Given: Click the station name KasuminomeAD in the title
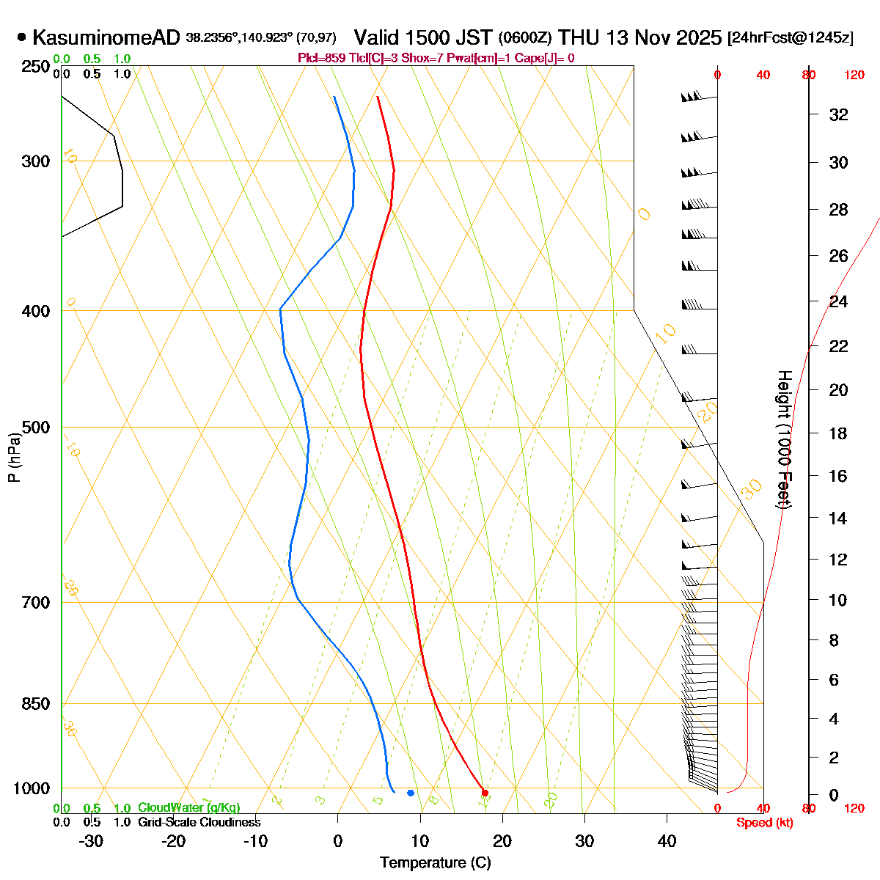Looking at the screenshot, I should click(106, 37).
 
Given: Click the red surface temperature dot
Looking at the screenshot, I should click(485, 793).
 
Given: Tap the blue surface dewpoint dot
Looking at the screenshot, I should click(411, 793).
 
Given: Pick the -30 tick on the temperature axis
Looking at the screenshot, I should click(91, 841).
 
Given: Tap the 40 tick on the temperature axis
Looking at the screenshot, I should click(667, 841).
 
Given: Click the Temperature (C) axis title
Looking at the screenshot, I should click(436, 863).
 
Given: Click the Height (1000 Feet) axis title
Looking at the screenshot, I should click(784, 440).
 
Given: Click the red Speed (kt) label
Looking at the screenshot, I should click(764, 823).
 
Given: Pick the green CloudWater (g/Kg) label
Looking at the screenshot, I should click(188, 807).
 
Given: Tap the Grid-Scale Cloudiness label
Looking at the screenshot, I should click(199, 822).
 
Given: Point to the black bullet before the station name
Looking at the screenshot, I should click(22, 37).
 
